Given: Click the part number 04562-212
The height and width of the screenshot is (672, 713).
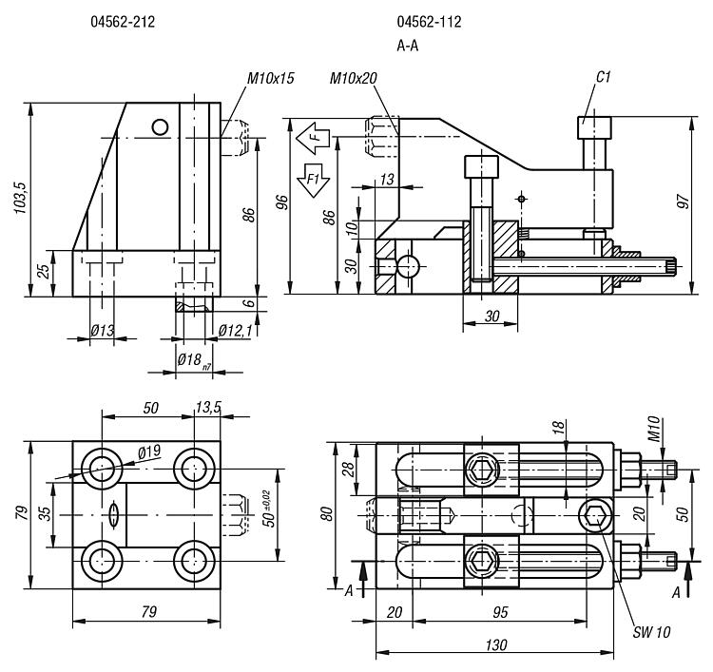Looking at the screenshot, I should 123,22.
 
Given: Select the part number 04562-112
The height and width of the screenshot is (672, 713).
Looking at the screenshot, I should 430,22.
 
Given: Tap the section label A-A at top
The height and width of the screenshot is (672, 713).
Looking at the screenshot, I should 408,45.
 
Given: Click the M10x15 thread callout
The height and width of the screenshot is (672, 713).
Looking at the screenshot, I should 271,78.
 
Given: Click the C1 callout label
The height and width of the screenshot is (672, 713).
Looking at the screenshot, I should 603,76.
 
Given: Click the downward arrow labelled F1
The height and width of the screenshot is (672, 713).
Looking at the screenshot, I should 311,178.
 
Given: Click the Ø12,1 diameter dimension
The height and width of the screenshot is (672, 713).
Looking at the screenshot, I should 233,330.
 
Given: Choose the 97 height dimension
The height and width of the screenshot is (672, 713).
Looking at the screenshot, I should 682,202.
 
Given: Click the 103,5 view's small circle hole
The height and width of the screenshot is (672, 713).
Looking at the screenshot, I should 160,125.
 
